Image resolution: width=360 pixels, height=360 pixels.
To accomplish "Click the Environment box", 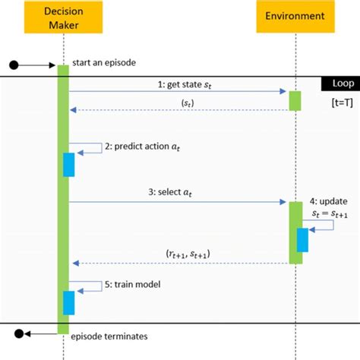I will click(293, 17).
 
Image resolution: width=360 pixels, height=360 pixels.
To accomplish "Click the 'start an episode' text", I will click(105, 62).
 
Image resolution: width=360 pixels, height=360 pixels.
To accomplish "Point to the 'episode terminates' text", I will click(109, 336).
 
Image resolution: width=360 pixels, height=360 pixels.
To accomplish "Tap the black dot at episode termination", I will click(21, 333).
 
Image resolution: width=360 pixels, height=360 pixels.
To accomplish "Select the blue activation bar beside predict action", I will click(68, 165).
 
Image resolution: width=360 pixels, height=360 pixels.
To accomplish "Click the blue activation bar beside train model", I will click(68, 302).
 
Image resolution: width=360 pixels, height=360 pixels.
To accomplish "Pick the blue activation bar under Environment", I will click(302, 240).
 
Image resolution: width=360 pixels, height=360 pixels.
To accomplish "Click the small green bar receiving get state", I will click(294, 101).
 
